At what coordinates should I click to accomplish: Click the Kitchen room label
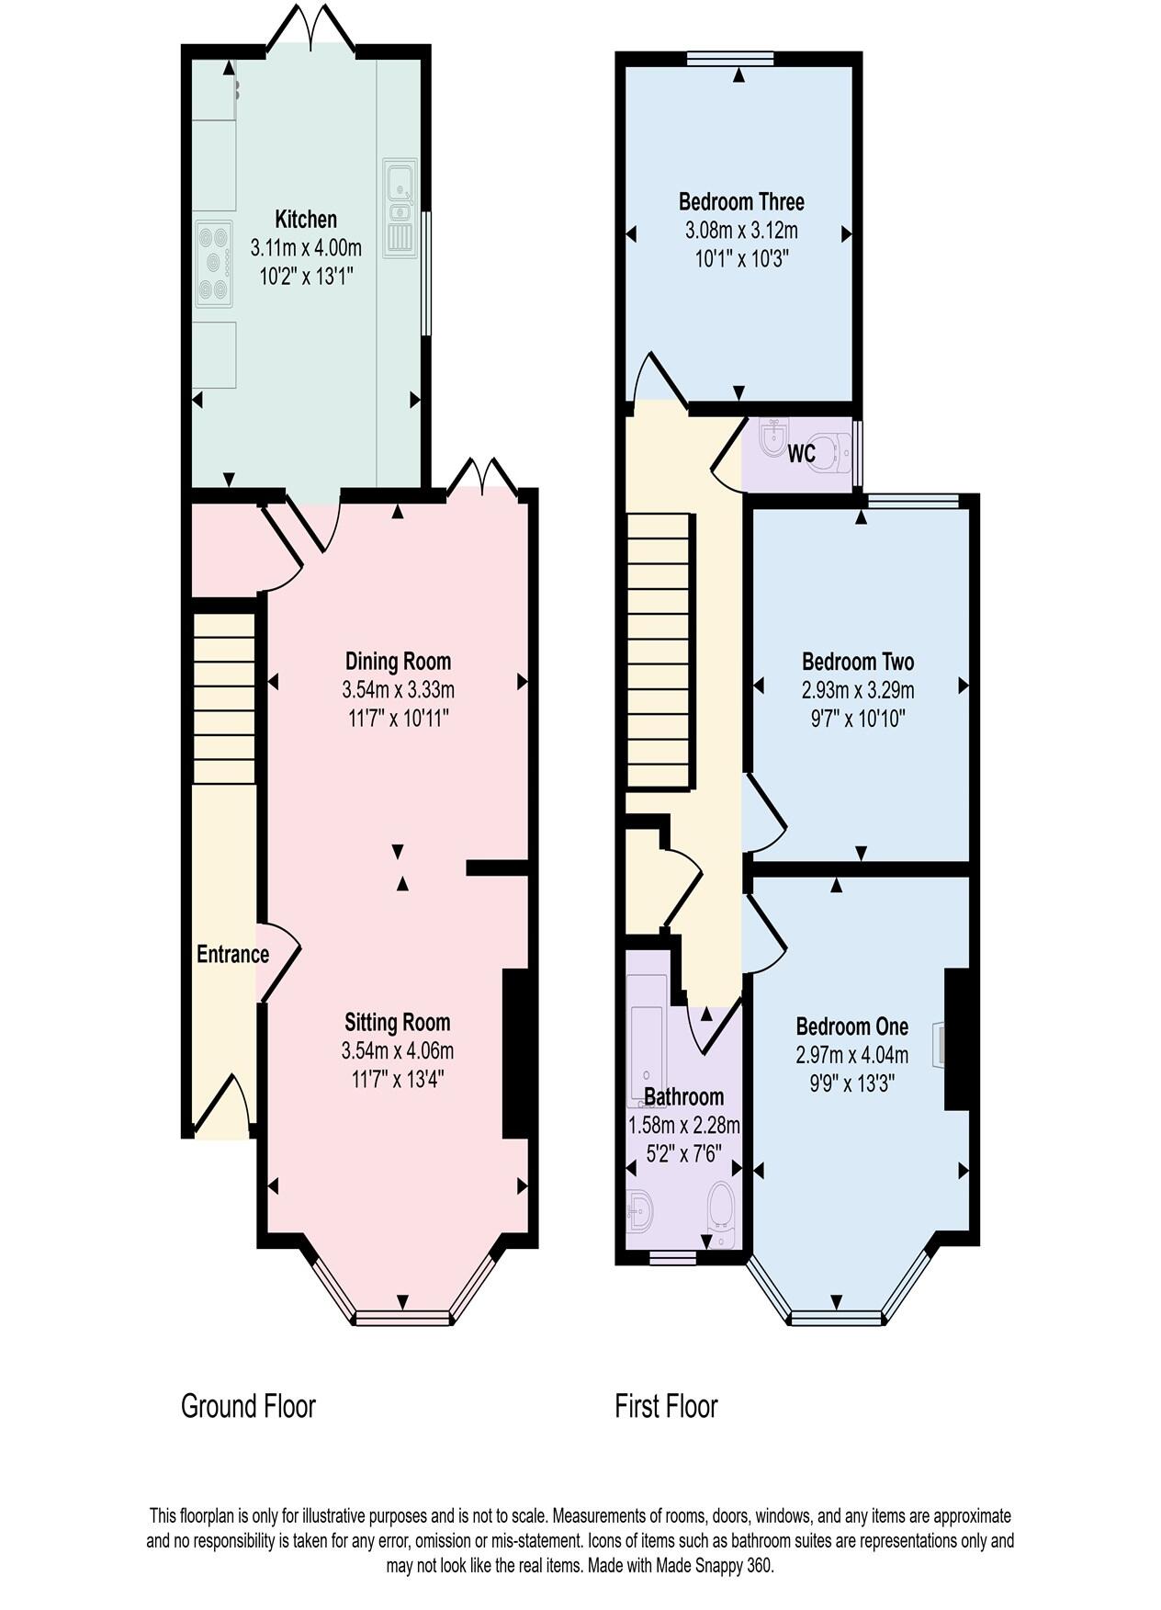coord(306,220)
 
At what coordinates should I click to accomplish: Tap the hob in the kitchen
coord(213,264)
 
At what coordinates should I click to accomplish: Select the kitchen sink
coord(400,207)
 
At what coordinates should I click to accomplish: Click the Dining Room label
coord(398,661)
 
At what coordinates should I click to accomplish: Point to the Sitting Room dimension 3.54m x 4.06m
coord(398,1050)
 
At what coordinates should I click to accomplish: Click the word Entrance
coord(232,954)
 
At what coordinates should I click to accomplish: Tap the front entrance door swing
coord(224,1103)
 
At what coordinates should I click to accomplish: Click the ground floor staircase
coord(223,698)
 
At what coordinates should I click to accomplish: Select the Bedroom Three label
coord(741,201)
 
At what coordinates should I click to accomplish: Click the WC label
coord(801,454)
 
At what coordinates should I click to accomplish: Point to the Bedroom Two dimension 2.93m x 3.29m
coord(858,690)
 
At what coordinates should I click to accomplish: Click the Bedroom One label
coord(851,1026)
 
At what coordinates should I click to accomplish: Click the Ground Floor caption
coord(248,1406)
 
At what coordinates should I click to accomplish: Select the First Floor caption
coord(666,1406)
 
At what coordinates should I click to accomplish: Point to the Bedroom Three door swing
coord(657,377)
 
